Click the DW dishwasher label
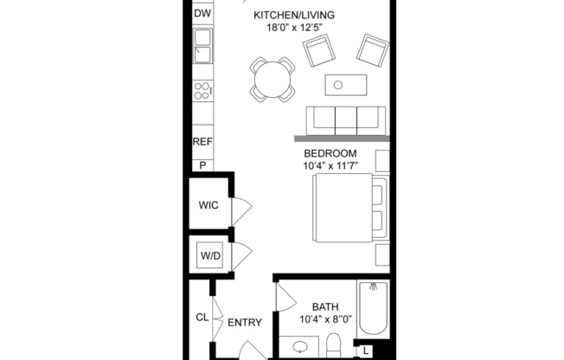[x=202, y=14]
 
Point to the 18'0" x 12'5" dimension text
[x=293, y=28]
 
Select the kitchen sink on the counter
[x=202, y=46]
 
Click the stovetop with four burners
[x=202, y=90]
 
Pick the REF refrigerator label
[x=202, y=142]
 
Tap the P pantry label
[x=202, y=164]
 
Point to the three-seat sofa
[x=346, y=118]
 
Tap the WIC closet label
[x=208, y=206]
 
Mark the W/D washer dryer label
[x=209, y=256]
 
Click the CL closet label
[x=202, y=318]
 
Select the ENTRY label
[x=245, y=323]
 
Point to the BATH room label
[x=325, y=305]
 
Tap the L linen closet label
[x=367, y=350]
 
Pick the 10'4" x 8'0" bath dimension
[x=325, y=318]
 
